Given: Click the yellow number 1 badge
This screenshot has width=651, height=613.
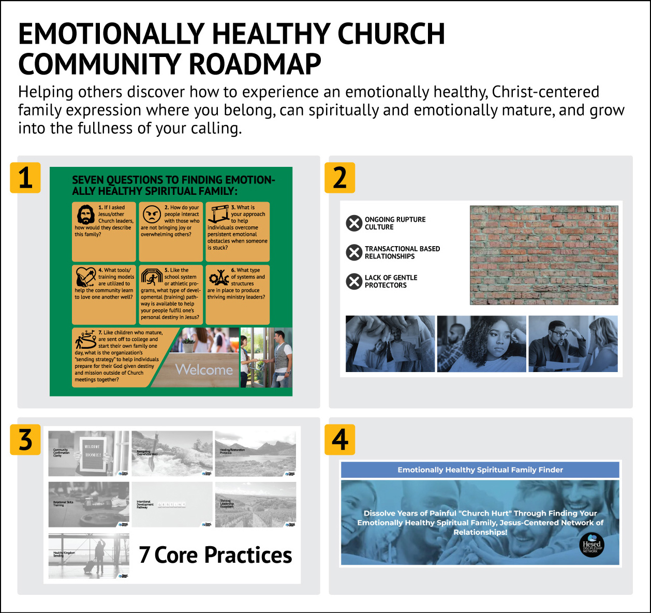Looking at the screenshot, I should coord(25,177).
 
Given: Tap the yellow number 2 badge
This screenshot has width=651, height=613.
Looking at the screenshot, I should coord(339,177).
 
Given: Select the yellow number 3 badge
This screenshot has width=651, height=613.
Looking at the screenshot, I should coord(25,440).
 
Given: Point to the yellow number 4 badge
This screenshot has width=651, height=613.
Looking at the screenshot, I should coord(339,440).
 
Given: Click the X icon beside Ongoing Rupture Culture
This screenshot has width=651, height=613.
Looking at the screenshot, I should coord(354,223).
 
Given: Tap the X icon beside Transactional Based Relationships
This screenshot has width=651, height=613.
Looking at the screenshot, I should coord(354,252).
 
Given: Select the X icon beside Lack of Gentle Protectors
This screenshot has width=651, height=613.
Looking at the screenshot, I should coord(354,281).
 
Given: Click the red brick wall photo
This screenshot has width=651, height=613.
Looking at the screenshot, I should coord(543,255).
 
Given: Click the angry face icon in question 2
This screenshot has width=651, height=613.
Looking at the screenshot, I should coord(152,214).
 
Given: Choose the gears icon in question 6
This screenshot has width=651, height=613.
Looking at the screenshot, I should coord(219,278).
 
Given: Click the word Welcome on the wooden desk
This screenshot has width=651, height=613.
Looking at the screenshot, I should coord(204,369).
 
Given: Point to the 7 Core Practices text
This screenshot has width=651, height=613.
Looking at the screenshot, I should coord(215,555).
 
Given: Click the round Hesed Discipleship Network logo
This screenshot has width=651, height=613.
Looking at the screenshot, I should coord(591,545).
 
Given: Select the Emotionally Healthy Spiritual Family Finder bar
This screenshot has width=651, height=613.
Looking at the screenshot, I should coord(480,470).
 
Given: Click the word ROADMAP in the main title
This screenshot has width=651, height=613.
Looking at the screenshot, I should coord(255,64).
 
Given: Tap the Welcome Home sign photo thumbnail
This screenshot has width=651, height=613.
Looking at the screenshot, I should coord(89,453).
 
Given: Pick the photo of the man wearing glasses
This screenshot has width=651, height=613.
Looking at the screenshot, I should coord(573,344).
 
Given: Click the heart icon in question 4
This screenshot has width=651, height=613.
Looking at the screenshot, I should coord(85,277).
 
